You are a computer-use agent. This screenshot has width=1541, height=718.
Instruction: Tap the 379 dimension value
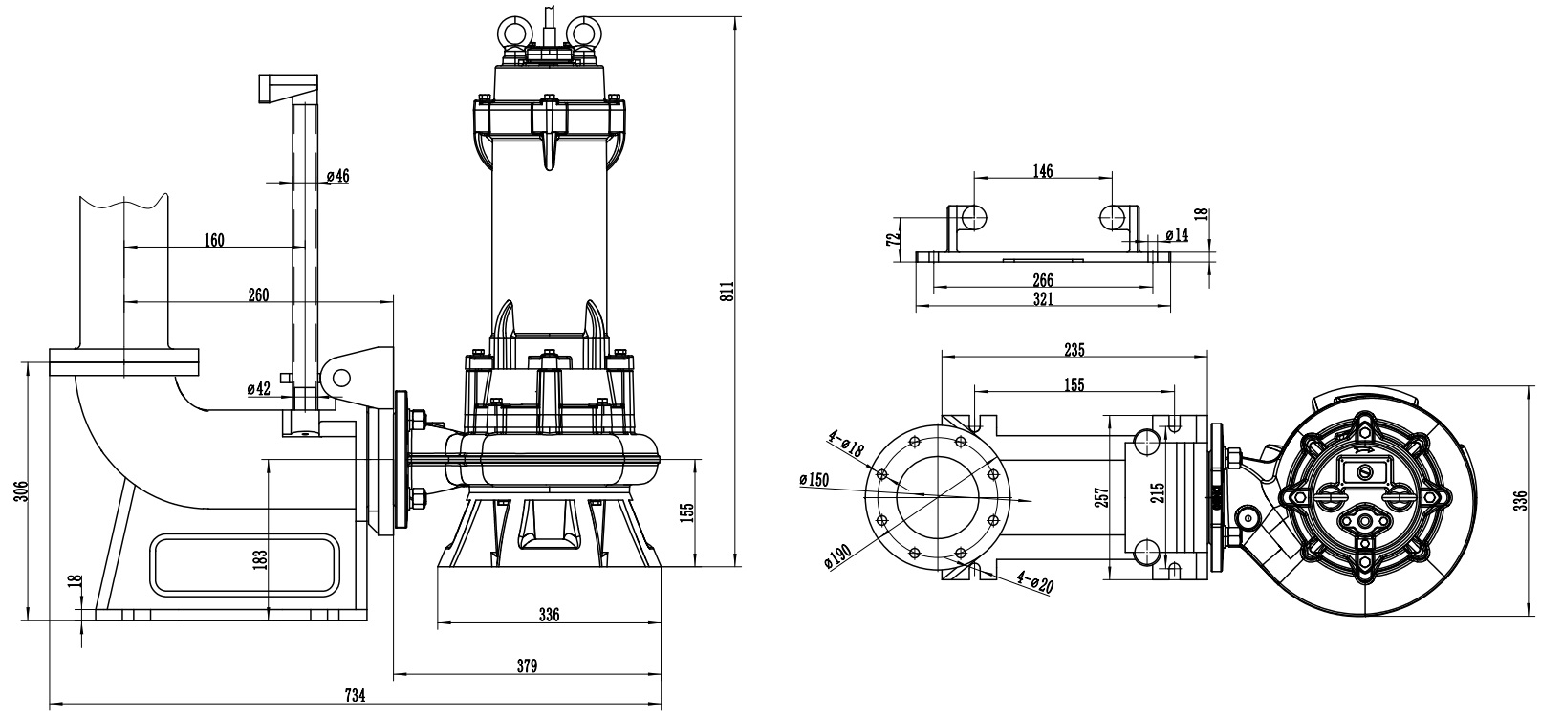tap(527, 665)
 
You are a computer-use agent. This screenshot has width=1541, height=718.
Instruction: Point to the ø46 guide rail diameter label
tap(337, 176)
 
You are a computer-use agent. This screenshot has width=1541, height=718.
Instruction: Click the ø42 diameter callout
tap(258, 388)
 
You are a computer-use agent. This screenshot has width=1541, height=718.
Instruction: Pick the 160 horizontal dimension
tap(213, 239)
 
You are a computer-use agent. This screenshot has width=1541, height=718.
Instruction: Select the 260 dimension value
tap(258, 294)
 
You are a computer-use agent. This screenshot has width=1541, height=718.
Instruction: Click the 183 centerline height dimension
tap(261, 557)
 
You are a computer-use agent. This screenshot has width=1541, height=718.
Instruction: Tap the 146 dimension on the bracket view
tap(1043, 170)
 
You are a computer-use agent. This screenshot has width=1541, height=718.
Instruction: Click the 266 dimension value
tap(1043, 280)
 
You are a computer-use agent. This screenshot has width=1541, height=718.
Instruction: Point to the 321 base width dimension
tap(1043, 299)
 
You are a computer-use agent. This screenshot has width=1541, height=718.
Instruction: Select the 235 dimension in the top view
tap(1074, 350)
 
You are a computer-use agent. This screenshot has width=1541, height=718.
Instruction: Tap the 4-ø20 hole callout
tap(1034, 582)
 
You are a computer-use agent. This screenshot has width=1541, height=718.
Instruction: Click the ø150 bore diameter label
tap(814, 480)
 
